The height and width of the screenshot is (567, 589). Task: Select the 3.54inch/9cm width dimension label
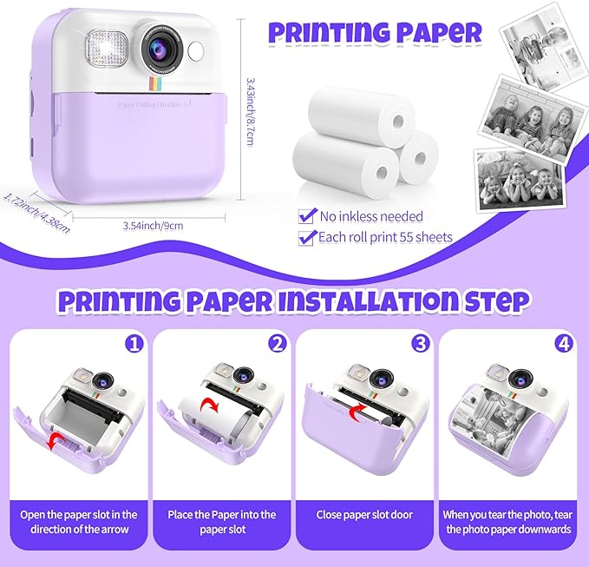[x=153, y=225]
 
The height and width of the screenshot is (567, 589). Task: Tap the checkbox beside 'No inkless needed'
[x=305, y=215]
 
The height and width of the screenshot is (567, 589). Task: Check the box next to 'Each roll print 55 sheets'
[x=305, y=236]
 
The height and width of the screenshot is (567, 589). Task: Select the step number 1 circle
[x=133, y=344]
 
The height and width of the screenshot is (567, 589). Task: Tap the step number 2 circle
[x=277, y=344]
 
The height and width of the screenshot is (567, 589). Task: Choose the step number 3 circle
[x=420, y=344]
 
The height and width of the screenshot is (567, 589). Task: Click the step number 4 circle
[x=562, y=344]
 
